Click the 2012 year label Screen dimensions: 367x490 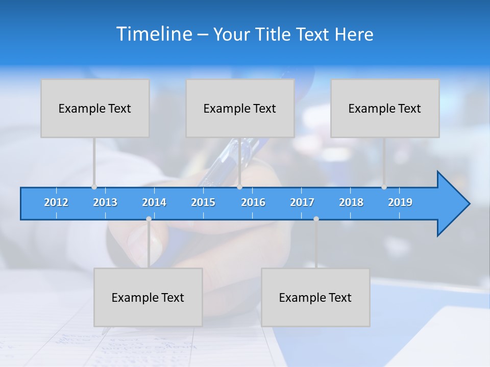56,202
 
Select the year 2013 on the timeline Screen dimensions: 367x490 105,202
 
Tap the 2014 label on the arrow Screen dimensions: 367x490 154,202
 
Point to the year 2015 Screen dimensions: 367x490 203,202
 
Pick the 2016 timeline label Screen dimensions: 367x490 253,202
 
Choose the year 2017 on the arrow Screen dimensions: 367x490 302,202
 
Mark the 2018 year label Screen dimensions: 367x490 351,202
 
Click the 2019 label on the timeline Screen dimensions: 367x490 400,202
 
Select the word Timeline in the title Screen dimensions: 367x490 154,34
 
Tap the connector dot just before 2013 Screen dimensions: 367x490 94,187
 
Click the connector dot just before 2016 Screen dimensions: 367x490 239,187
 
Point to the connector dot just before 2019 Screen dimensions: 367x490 384,187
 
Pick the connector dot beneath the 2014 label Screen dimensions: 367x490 149,219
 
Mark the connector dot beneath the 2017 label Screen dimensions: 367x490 316,219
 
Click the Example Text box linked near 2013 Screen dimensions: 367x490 95,108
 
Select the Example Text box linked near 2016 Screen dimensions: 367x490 240,108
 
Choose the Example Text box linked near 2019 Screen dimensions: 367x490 385,108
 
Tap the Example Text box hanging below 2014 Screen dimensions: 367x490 148,297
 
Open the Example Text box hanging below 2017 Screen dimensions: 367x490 315,297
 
